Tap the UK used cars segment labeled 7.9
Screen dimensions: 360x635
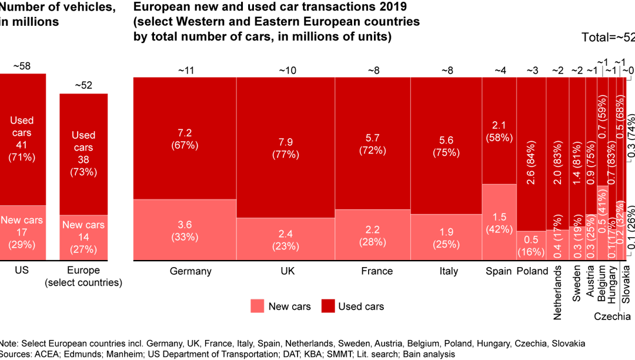pyautogui.click(x=285, y=147)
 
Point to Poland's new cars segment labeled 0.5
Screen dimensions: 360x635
pyautogui.click(x=531, y=245)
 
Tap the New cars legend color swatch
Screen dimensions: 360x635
pyautogui.click(x=257, y=306)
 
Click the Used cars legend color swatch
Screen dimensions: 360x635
pyautogui.click(x=327, y=306)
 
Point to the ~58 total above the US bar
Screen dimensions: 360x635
pyautogui.click(x=22, y=66)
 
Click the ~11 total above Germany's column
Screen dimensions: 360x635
pyautogui.click(x=185, y=71)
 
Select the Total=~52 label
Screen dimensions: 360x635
pyautogui.click(x=608, y=38)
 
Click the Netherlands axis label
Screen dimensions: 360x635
pyautogui.click(x=558, y=292)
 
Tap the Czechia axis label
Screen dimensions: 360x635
pyautogui.click(x=612, y=316)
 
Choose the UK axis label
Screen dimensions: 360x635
pyautogui.click(x=285, y=271)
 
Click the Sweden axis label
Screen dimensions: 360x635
pyautogui.click(x=577, y=284)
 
